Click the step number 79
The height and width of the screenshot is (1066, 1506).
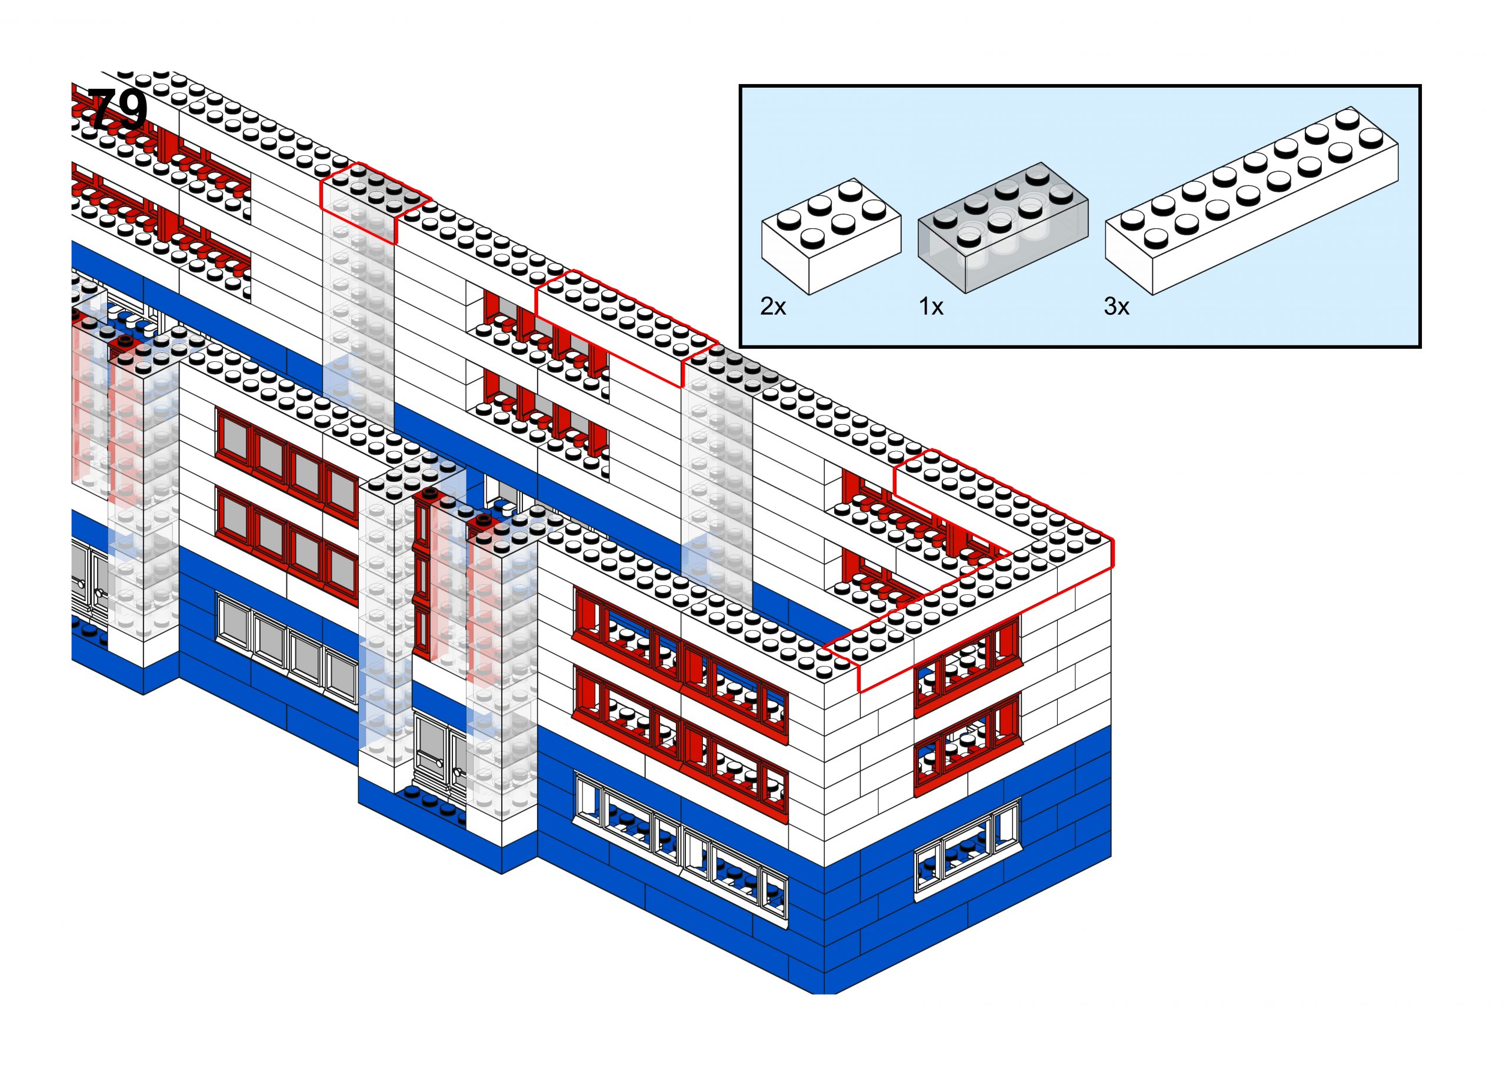tap(117, 109)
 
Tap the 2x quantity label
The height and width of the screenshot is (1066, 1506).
tap(772, 307)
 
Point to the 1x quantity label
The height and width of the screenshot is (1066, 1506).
tap(931, 307)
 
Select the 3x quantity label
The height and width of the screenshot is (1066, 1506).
tap(1116, 307)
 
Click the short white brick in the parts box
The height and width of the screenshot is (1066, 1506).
tap(831, 236)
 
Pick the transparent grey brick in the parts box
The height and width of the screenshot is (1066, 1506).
tap(1002, 226)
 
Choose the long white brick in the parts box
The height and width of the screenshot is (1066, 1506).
tap(1251, 200)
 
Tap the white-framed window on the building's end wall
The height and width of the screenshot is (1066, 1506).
tap(967, 850)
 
